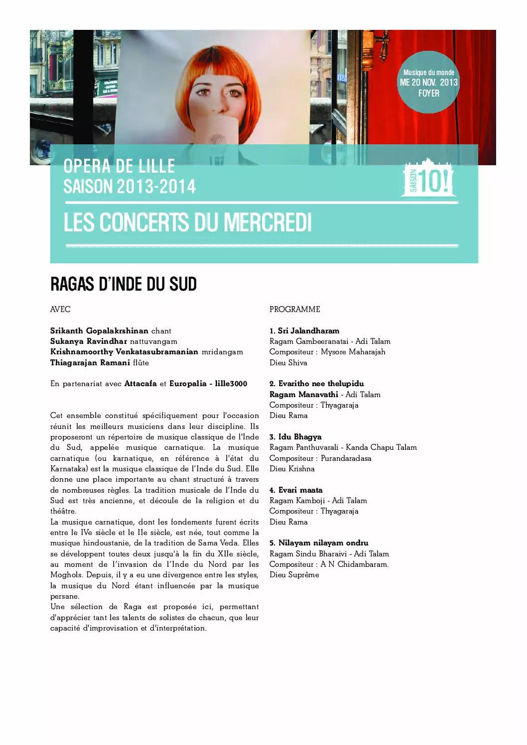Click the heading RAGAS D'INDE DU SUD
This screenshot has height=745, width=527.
click(124, 284)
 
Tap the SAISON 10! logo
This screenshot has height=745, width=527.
click(429, 179)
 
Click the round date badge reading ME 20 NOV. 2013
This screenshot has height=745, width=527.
click(429, 83)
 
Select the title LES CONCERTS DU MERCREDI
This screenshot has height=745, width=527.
click(188, 222)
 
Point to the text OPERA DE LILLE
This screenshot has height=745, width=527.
click(119, 166)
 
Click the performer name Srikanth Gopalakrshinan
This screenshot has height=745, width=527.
click(99, 331)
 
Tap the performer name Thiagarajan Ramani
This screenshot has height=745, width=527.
click(90, 363)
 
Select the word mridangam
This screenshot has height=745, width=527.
click(222, 352)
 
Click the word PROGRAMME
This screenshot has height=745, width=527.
click(295, 309)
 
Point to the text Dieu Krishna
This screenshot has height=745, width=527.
click(292, 469)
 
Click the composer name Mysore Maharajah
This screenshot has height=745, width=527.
click(353, 352)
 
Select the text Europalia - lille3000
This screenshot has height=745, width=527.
click(208, 384)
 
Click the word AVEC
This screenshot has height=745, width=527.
click(60, 309)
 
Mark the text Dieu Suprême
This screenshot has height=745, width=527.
click(294, 575)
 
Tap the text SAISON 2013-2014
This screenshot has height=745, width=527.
click(130, 187)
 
